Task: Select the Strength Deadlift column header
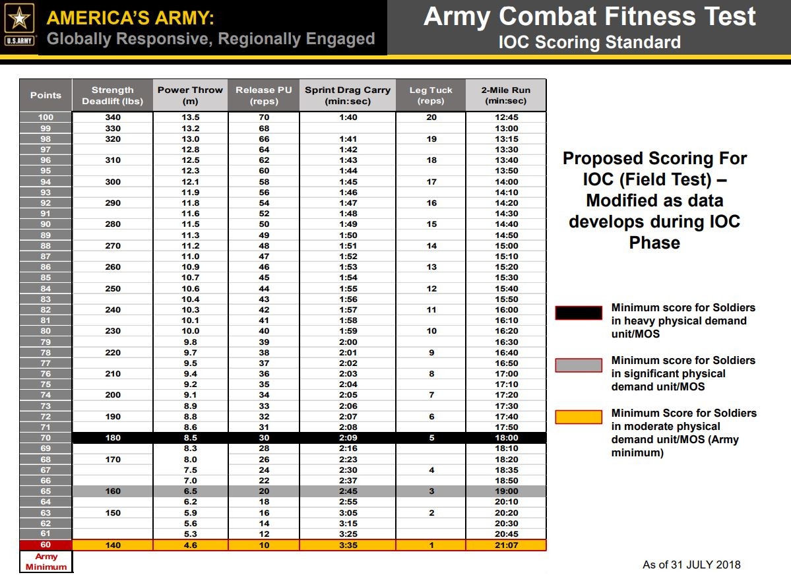coord(112,96)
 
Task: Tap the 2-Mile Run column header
coord(505,96)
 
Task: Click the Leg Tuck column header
coord(431,96)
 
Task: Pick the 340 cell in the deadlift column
coord(113,117)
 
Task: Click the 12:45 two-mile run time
coord(506,117)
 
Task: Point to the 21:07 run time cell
coord(506,545)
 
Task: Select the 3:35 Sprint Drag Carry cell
coord(348,545)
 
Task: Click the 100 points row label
coord(46,117)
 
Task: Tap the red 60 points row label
coord(46,545)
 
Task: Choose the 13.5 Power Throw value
coord(191,117)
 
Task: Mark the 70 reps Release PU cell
coord(264,117)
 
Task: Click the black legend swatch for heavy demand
coord(579,313)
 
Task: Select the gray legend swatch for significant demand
coord(579,365)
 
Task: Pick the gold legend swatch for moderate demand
coord(579,417)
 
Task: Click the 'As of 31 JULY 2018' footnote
coord(691,564)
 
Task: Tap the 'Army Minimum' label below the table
coord(46,562)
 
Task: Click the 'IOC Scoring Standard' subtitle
coord(589,43)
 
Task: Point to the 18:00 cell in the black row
coord(506,437)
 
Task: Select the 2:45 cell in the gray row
coord(348,491)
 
